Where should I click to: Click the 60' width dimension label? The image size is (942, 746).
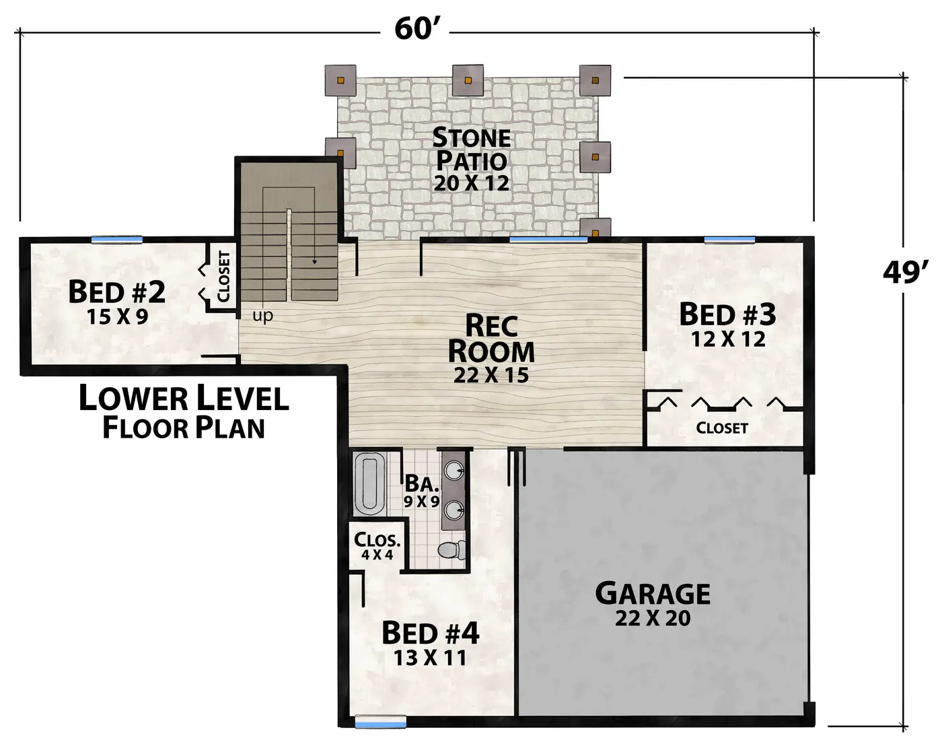pyautogui.click(x=415, y=30)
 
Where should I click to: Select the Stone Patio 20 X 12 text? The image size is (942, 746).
pyautogui.click(x=472, y=160)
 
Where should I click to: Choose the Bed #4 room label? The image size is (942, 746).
pyautogui.click(x=430, y=644)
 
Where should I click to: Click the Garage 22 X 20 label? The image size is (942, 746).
pyautogui.click(x=653, y=604)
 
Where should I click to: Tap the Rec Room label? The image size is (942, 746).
pyautogui.click(x=491, y=348)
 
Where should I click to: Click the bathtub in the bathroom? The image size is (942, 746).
pyautogui.click(x=369, y=484)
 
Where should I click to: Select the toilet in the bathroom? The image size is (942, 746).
pyautogui.click(x=451, y=549)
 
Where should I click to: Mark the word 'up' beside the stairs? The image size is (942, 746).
pyautogui.click(x=262, y=315)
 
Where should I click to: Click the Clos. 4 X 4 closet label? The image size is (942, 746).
pyautogui.click(x=377, y=545)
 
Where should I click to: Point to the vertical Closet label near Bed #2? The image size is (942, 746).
pyautogui.click(x=223, y=277)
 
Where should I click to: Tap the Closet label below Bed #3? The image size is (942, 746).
pyautogui.click(x=722, y=428)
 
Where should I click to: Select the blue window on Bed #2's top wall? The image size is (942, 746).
pyautogui.click(x=117, y=240)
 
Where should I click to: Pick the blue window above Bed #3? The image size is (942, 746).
pyautogui.click(x=729, y=240)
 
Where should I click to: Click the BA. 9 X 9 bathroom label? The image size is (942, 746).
pyautogui.click(x=421, y=491)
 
